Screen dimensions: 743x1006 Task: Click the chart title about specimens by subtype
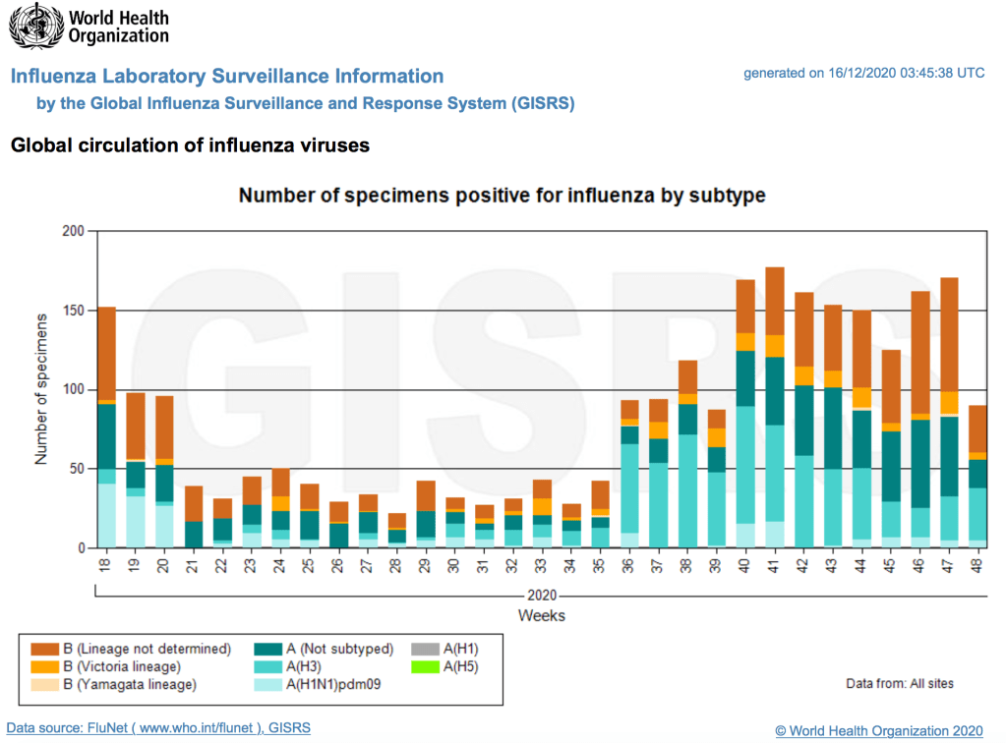tap(503, 196)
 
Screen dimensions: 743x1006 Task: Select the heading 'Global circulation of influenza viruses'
tap(190, 145)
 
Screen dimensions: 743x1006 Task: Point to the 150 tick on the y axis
tap(74, 311)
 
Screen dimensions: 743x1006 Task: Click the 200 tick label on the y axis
tap(74, 231)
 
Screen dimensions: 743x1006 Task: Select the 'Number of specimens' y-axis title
tap(41, 389)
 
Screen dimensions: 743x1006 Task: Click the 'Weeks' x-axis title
tap(542, 615)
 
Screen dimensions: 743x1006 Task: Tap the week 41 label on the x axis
tap(775, 567)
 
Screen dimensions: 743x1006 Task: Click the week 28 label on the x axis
tap(397, 567)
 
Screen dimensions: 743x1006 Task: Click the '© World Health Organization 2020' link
tap(878, 730)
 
